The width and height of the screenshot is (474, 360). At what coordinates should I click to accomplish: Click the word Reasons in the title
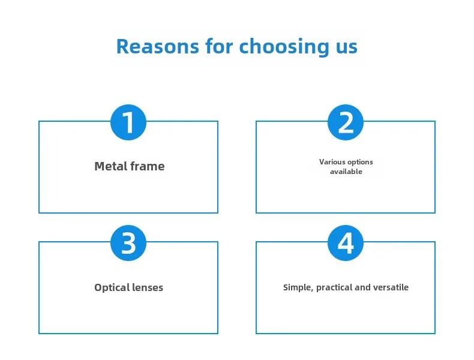[x=157, y=46]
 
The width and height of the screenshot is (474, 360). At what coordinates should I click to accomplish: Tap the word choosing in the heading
[x=284, y=46]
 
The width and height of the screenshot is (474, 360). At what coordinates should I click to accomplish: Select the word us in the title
[x=347, y=49]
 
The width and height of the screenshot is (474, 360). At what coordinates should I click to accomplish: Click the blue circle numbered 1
[x=128, y=122]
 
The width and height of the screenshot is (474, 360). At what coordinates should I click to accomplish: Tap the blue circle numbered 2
[x=346, y=122]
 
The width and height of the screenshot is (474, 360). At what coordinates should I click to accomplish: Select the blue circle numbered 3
[x=128, y=243]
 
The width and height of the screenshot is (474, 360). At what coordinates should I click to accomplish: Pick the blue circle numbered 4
[x=346, y=243]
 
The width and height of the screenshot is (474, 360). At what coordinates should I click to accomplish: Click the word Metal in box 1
[x=110, y=166]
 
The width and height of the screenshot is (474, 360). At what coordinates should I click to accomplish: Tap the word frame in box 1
[x=148, y=166]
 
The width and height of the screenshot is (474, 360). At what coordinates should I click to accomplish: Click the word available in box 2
[x=346, y=172]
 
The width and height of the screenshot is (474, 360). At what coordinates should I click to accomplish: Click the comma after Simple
[x=312, y=291]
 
